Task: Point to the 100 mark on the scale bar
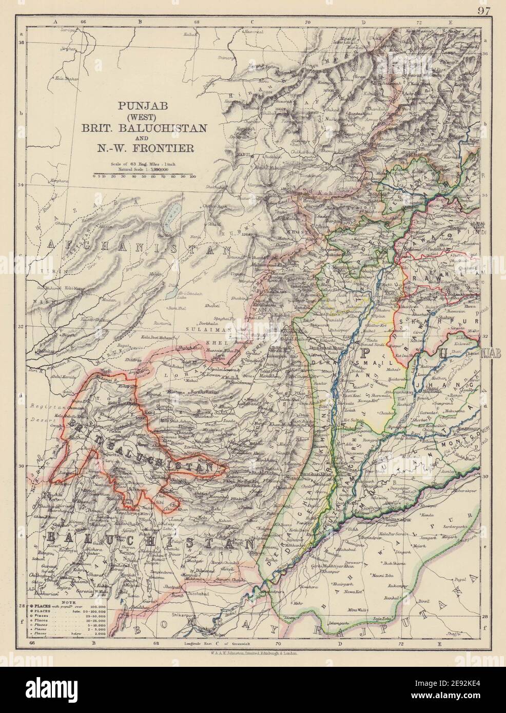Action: [x=192, y=176]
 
